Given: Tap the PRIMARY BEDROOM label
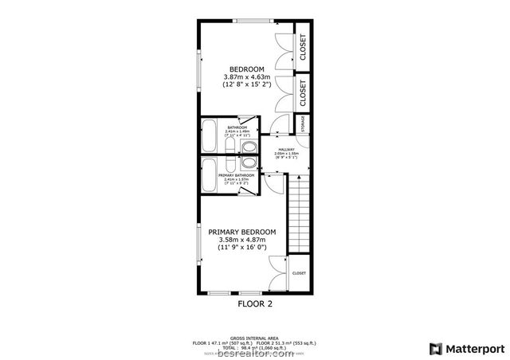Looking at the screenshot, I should point(242,232).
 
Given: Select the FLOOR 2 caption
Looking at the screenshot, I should point(255,303).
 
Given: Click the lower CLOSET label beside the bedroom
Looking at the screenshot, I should point(303,92).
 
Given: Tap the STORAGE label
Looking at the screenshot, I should point(303,125).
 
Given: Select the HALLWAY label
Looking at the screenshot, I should point(286,149).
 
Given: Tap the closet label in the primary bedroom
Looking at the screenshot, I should point(299,273).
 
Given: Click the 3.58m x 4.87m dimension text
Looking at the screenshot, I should point(242,240).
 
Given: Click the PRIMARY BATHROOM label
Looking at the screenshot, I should point(237,174).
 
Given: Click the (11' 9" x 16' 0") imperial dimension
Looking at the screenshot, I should point(242,248).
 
